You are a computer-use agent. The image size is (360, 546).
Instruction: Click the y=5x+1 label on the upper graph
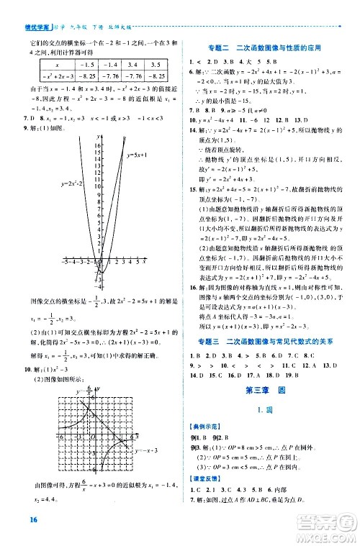137,155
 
